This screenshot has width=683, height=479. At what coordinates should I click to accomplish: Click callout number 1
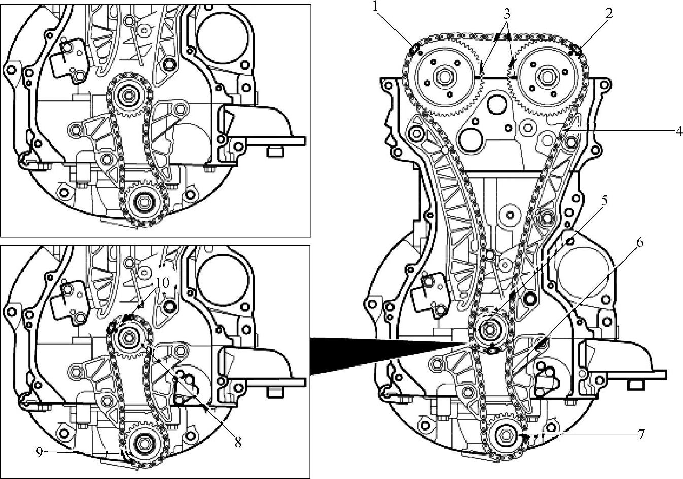pyautogui.click(x=376, y=7)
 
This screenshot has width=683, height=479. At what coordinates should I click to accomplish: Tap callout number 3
pyautogui.click(x=506, y=13)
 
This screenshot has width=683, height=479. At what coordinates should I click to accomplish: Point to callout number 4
pyautogui.click(x=679, y=132)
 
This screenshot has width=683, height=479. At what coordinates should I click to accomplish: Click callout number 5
pyautogui.click(x=604, y=201)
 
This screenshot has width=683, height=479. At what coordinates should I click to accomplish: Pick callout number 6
pyautogui.click(x=639, y=243)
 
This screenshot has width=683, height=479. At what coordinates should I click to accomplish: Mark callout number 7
pyautogui.click(x=641, y=434)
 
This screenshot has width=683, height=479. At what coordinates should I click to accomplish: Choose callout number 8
pyautogui.click(x=238, y=442)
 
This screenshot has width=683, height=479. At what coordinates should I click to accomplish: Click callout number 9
pyautogui.click(x=40, y=452)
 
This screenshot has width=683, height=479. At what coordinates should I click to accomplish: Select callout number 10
pyautogui.click(x=163, y=283)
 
